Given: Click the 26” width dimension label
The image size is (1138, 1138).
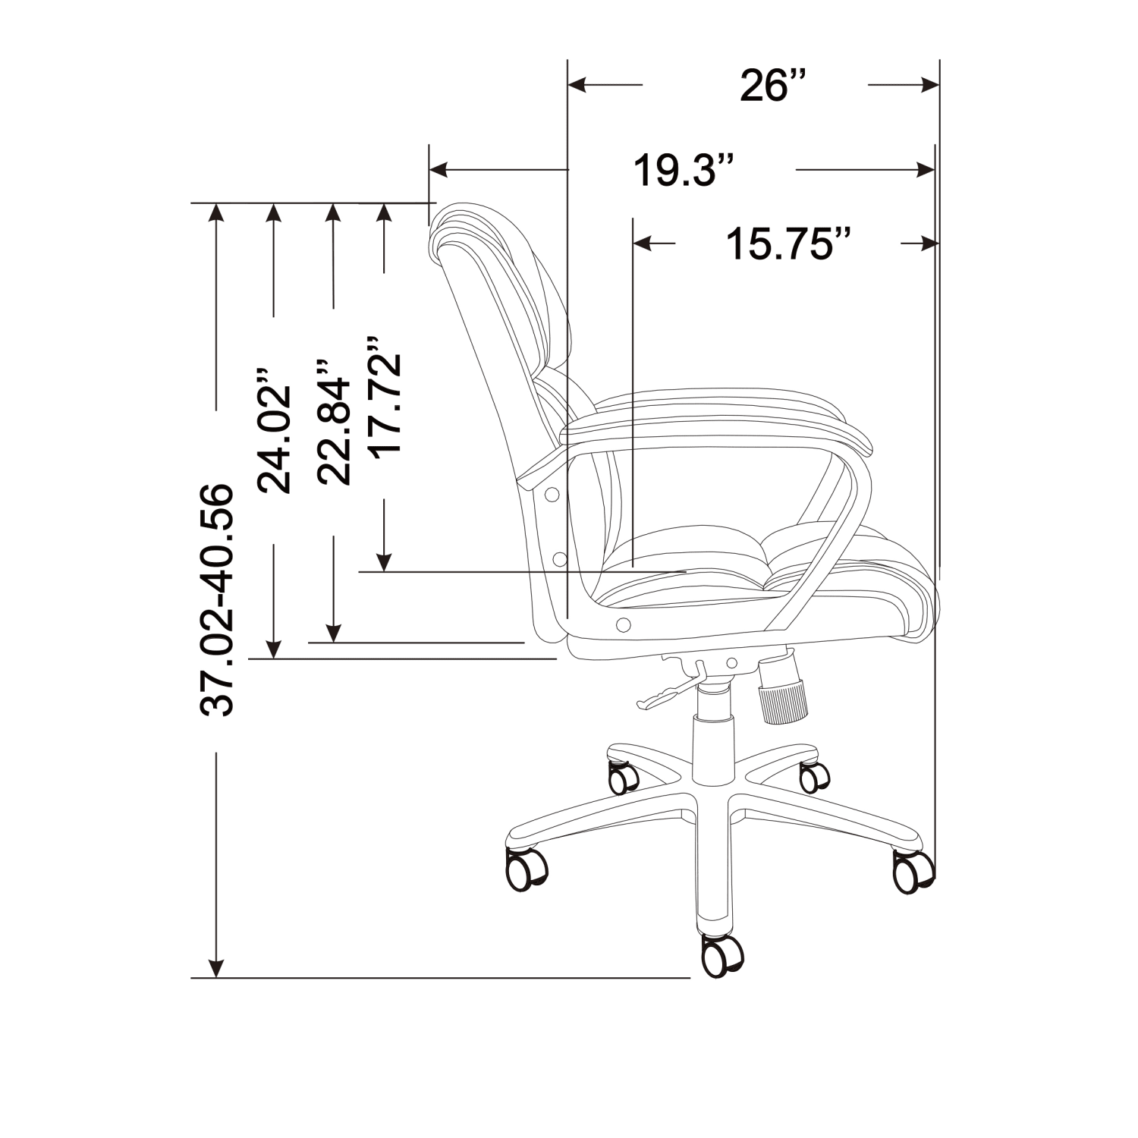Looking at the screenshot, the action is coord(772,85).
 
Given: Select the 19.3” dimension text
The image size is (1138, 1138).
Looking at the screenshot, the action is coord(684,170).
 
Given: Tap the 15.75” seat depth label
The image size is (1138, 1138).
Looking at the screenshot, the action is coord(788,244).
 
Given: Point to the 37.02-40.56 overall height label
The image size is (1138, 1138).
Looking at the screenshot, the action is coord(217,599).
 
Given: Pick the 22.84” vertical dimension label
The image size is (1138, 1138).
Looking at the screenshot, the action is coord(334,422).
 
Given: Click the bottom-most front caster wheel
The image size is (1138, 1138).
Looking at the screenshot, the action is coord(721,955).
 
